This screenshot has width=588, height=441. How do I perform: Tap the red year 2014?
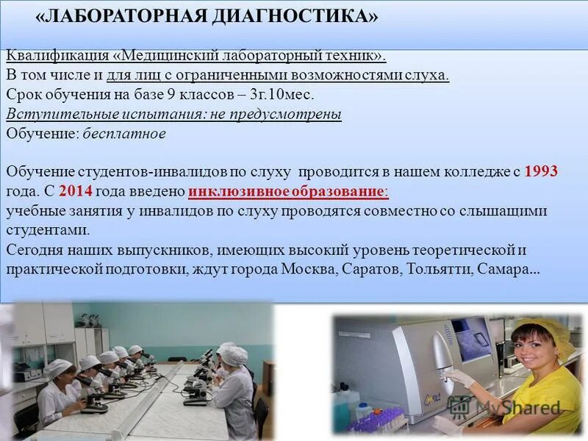[74, 191]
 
